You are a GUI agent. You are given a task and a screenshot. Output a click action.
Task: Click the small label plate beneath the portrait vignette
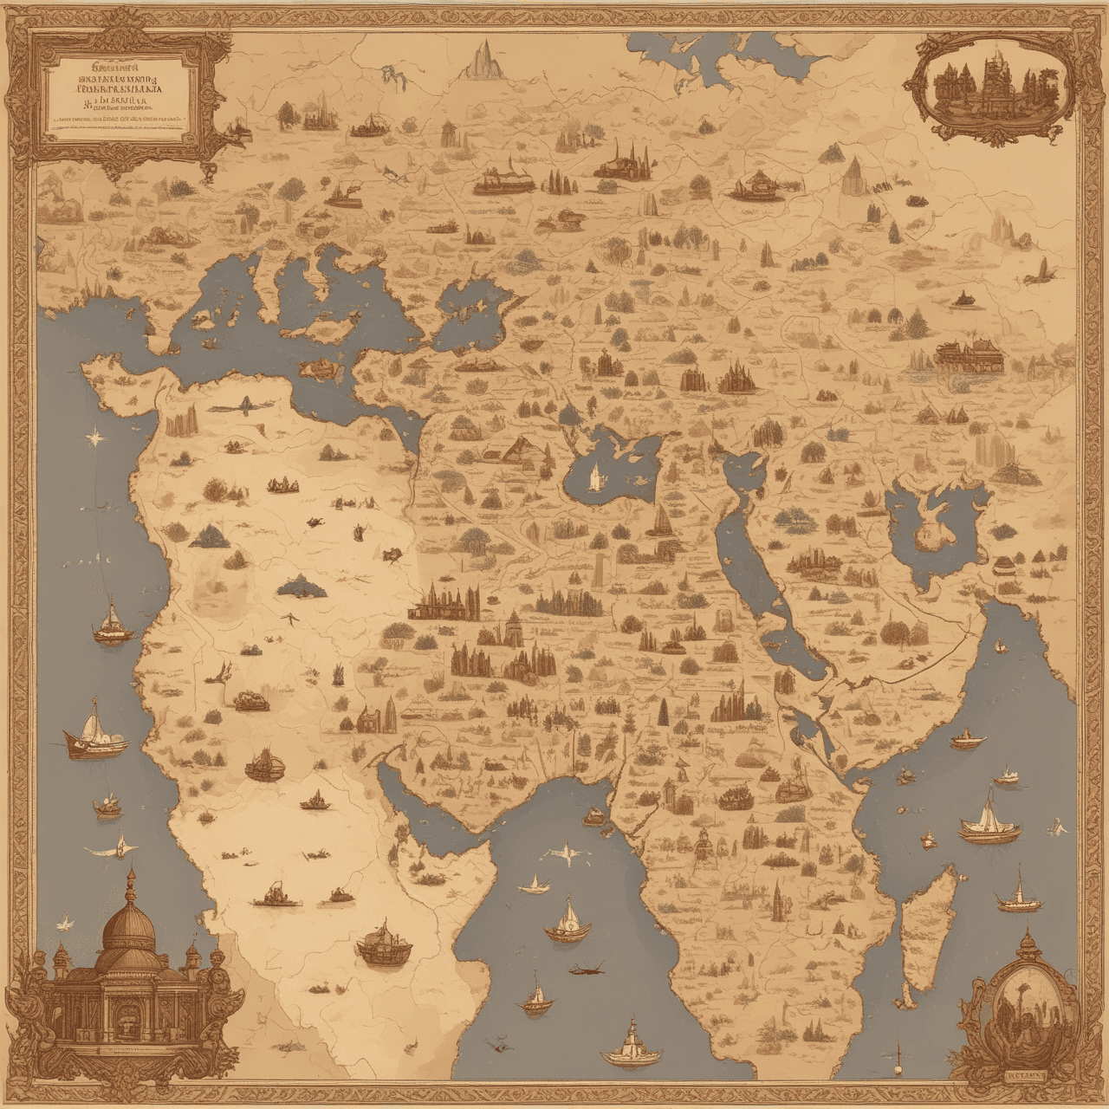[x=1027, y=1075]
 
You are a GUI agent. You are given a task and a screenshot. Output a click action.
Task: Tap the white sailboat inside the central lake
[x=594, y=476]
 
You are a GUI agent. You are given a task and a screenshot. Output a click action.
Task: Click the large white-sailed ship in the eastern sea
[x=988, y=822]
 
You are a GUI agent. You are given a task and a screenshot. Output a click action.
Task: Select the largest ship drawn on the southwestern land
[x=385, y=944]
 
